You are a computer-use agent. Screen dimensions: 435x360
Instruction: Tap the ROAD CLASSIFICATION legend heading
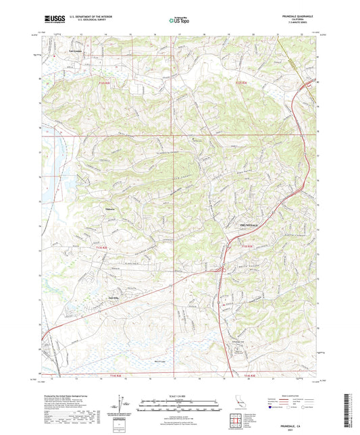295,396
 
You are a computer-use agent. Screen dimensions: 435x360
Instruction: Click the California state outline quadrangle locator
236,404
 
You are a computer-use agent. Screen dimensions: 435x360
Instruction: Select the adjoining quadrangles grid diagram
236,422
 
